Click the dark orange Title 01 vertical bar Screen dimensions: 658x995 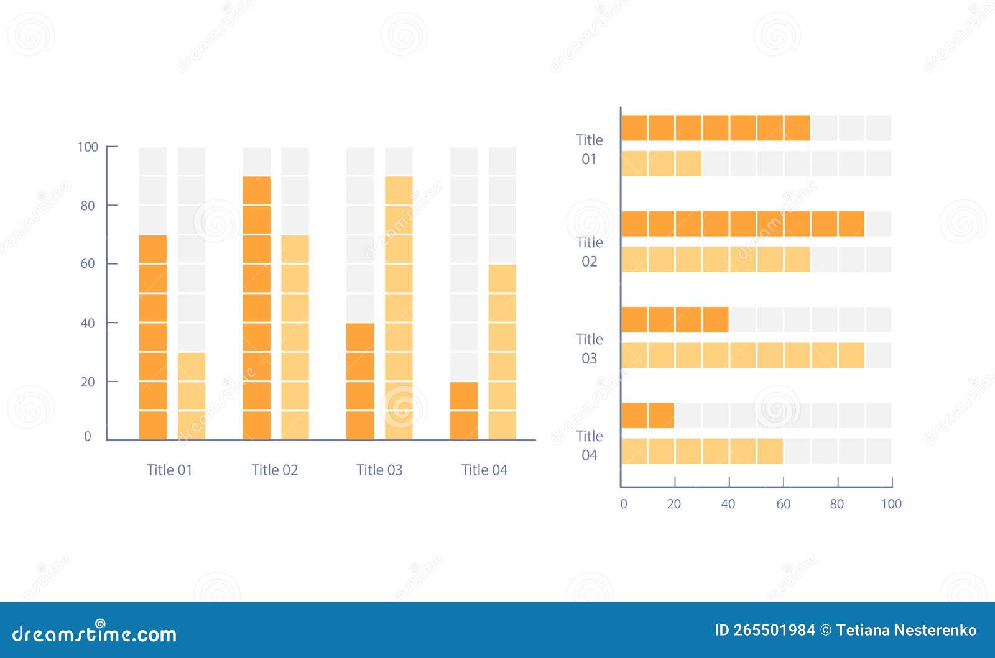[x=153, y=337]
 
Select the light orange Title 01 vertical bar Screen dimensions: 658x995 [x=192, y=396]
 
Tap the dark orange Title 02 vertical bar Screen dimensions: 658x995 [x=257, y=308]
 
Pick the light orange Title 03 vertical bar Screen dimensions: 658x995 [x=399, y=308]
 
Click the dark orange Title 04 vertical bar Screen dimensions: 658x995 [x=464, y=410]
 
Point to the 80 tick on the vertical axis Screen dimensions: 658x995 [x=88, y=206]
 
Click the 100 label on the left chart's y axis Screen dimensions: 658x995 [x=88, y=147]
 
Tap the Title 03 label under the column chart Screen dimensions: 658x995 [x=379, y=470]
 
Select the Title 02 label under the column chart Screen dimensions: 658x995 [x=274, y=470]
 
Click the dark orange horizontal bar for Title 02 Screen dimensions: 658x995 [x=743, y=224]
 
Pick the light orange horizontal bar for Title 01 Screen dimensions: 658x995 [x=661, y=163]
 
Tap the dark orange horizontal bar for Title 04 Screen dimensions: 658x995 [x=647, y=416]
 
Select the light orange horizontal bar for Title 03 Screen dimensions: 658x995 [x=743, y=355]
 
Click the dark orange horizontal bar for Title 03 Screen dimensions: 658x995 [x=675, y=319]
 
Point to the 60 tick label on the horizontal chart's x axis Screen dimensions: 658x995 [x=783, y=504]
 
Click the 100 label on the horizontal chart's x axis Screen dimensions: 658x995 [x=891, y=504]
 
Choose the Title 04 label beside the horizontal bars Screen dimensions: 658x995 [x=589, y=446]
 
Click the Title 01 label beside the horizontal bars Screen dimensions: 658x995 [x=589, y=149]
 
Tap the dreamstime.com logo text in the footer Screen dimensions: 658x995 [x=95, y=634]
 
